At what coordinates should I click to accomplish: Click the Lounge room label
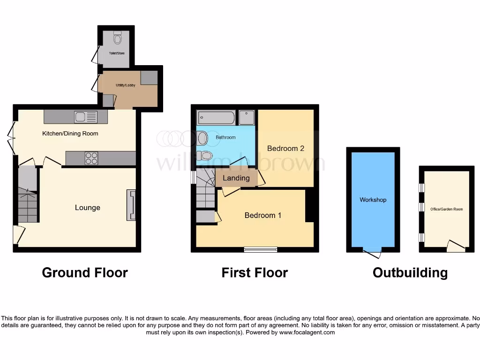pos(88,208)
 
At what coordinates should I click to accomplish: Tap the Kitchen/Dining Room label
pos(70,134)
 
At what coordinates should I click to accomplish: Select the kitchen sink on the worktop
pos(81,117)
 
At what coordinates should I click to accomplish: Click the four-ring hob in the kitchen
pos(91,158)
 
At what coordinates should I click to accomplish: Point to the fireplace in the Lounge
pos(131,205)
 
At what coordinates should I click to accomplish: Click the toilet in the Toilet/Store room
pos(117,37)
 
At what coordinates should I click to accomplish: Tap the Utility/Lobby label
pos(126,85)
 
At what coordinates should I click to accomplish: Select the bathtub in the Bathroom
pos(216,117)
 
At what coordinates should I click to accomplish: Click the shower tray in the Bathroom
pos(247,118)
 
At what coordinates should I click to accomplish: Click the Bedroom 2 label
pos(286,148)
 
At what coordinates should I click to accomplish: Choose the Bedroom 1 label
pos(263,215)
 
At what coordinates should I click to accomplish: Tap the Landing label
pos(236,178)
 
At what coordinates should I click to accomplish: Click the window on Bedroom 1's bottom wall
pos(260,250)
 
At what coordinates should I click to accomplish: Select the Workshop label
pos(373,200)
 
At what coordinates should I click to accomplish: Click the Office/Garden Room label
pos(446,209)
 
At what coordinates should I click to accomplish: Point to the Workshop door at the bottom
pos(373,253)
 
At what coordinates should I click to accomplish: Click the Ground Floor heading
pos(85,272)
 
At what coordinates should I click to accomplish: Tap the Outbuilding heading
pos(410,272)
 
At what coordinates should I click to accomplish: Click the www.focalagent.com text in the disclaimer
pos(307,332)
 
